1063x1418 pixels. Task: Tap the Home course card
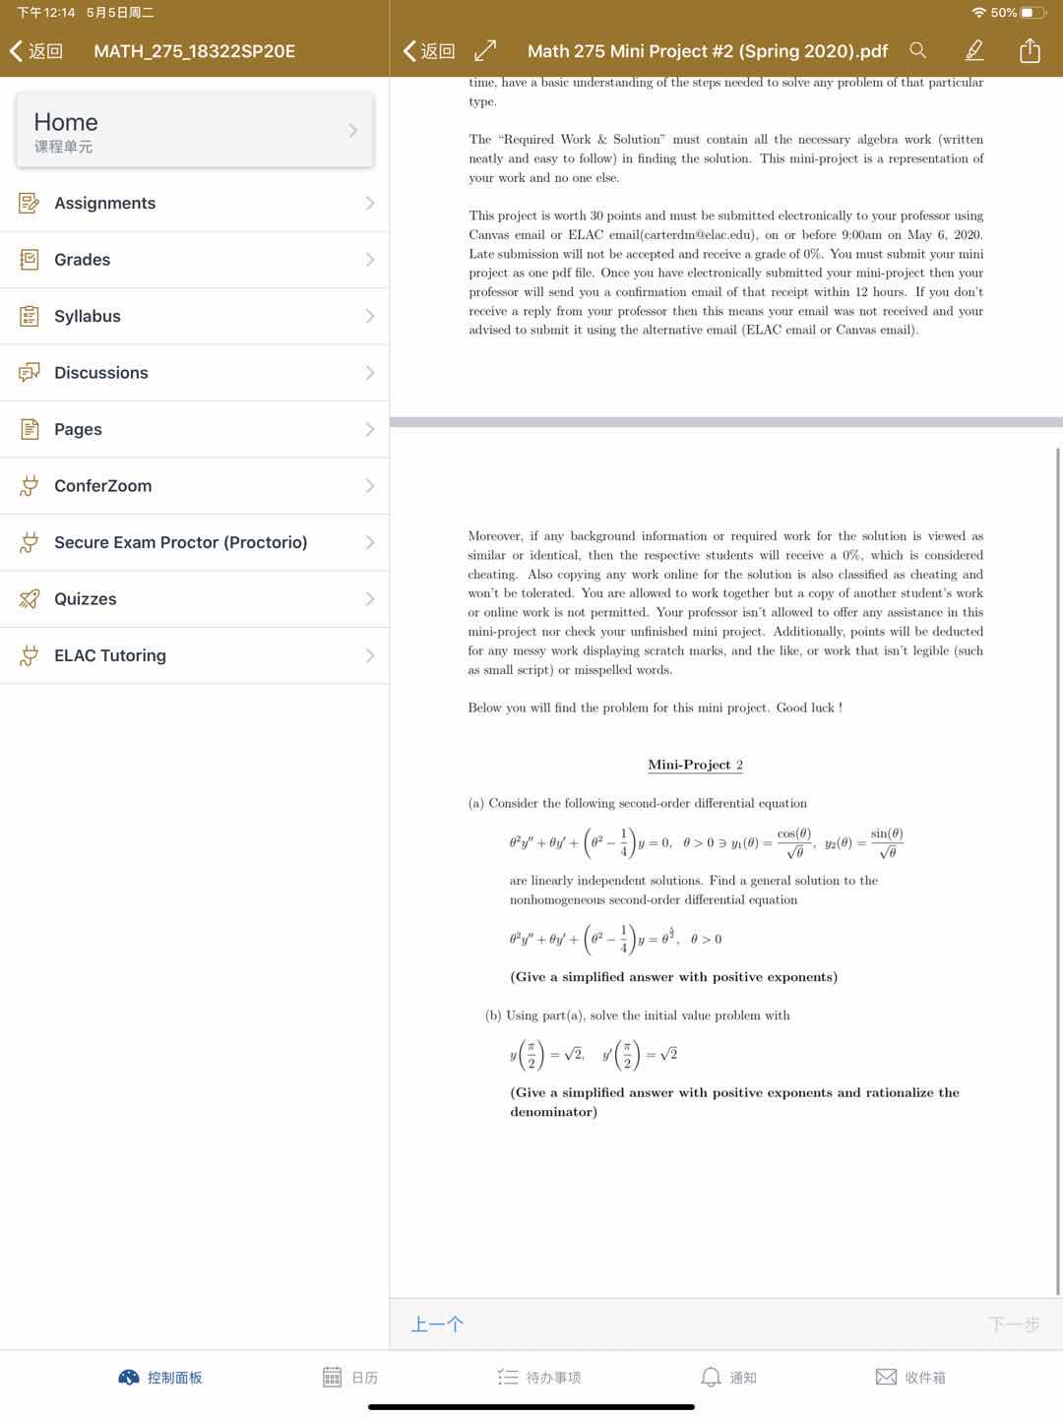194,130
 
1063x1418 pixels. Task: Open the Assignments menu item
104,203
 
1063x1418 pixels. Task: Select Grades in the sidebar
82,260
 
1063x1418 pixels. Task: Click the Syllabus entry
87,316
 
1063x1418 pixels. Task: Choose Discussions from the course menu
100,373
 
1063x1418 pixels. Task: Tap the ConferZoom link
102,486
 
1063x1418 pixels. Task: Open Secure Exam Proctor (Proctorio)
180,542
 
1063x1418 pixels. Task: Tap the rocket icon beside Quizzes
30,599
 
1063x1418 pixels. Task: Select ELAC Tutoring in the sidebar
109,655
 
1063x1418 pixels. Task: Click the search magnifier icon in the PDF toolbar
917,50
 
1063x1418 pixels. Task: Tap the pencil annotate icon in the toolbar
973,50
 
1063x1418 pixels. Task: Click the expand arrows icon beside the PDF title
485,50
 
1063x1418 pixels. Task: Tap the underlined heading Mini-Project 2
695,765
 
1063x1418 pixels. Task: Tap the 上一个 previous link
437,1325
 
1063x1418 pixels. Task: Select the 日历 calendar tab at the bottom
351,1378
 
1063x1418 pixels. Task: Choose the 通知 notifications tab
728,1378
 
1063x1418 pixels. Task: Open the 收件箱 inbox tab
910,1378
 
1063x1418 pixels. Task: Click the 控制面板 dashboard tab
160,1378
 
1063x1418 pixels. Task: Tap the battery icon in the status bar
1033,13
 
